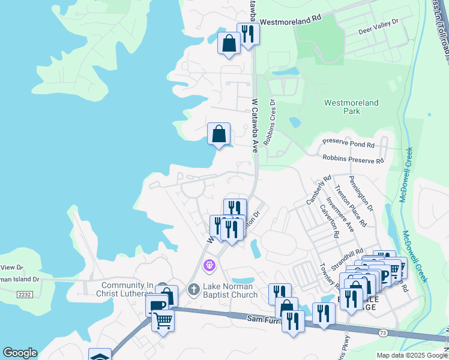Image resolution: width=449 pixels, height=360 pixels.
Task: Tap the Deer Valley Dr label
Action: click(x=378, y=25)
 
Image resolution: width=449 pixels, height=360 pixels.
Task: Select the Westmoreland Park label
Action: click(x=351, y=107)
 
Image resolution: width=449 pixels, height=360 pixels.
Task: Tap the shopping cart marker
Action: click(x=163, y=321)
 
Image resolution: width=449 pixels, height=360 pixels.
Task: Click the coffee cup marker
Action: click(x=157, y=305)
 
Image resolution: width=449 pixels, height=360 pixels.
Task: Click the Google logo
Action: click(x=20, y=353)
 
